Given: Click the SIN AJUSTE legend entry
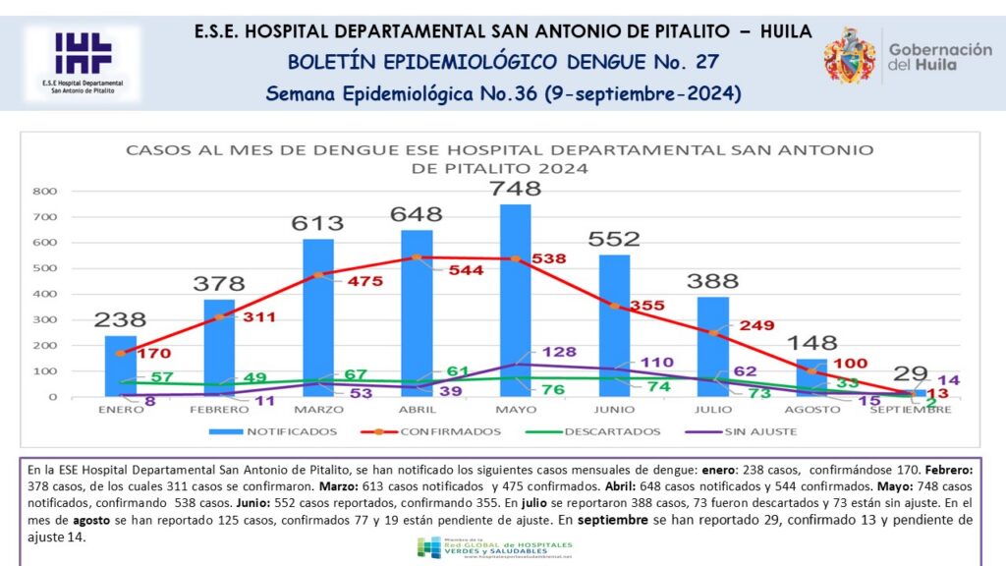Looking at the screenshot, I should (x=762, y=430).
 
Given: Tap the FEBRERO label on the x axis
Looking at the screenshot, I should (x=219, y=409).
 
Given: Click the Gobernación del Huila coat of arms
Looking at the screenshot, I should (x=850, y=55).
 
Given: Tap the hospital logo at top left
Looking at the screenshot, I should (x=83, y=63).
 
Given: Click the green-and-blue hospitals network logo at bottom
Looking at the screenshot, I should (x=428, y=547).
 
